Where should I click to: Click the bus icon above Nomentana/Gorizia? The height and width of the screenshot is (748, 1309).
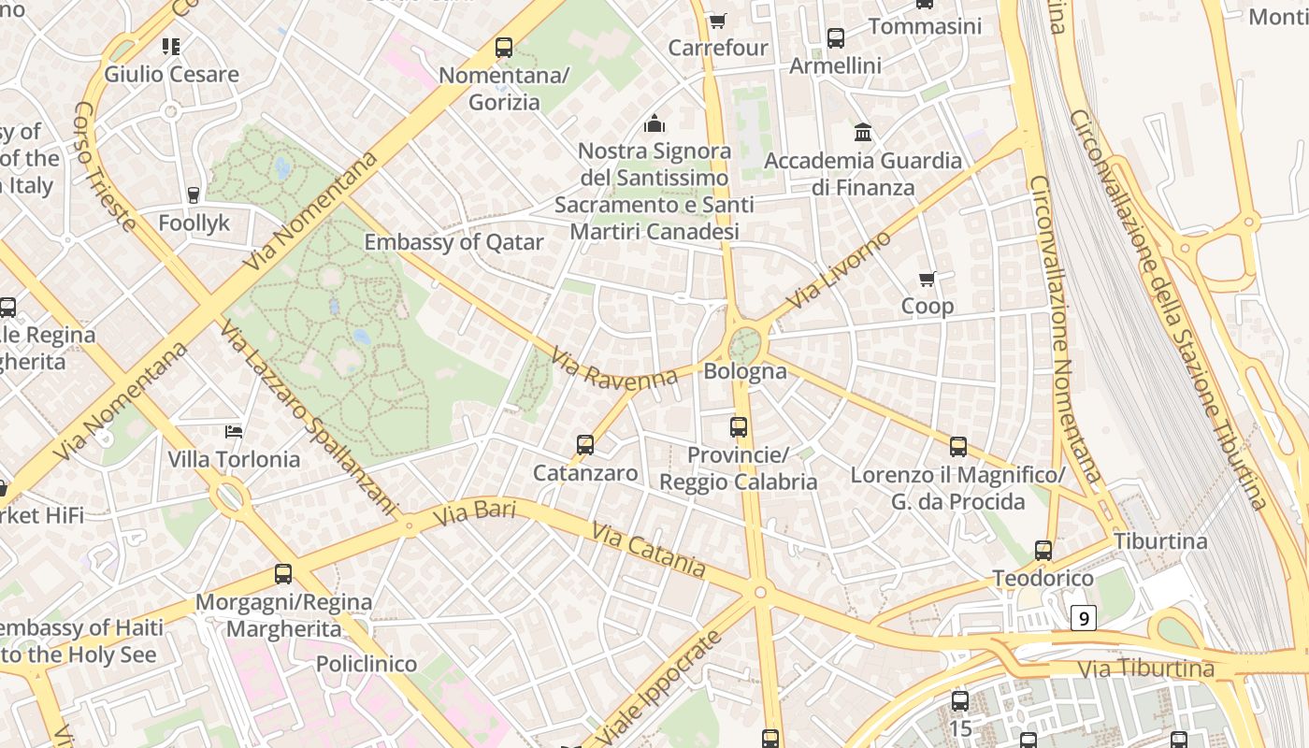504,47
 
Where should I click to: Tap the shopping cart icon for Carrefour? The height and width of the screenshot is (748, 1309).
717,21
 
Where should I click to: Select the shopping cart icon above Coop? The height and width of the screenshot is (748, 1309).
928,279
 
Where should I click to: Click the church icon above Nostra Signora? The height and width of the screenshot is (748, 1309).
654,123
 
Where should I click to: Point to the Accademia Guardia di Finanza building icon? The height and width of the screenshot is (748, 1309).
863,133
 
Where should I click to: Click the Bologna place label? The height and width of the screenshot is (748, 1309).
745,371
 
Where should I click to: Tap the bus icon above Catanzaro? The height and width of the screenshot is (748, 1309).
585,445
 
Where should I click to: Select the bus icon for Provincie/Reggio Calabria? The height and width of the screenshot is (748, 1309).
739,427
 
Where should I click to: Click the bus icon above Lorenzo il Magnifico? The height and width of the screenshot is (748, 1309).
958,447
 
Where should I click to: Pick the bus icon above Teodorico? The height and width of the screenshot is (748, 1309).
1043,551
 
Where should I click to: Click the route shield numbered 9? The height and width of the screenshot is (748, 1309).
1083,618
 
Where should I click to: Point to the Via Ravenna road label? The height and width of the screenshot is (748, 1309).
613,368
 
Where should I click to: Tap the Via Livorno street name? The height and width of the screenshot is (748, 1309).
840,270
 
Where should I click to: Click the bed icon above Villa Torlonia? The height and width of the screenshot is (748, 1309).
234,431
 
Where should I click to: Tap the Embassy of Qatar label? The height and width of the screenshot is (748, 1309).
453,242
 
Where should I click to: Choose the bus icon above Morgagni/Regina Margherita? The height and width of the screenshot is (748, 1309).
283,574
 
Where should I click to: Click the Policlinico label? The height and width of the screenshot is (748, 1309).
367,664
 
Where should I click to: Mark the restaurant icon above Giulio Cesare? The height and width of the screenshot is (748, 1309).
171,46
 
